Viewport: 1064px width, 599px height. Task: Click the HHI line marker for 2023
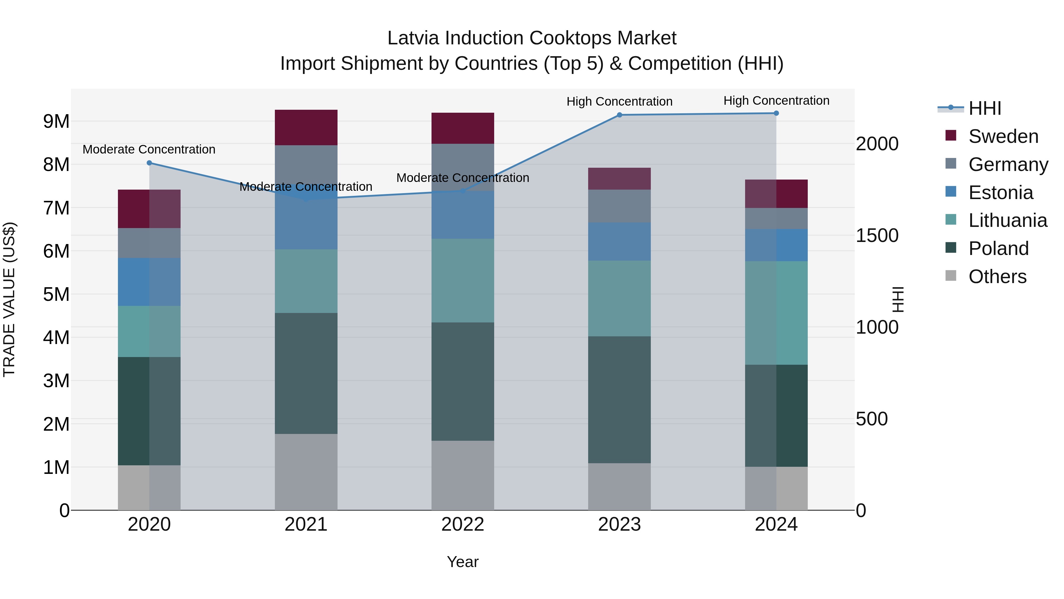(x=619, y=115)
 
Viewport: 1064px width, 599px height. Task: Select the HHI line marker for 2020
(x=150, y=163)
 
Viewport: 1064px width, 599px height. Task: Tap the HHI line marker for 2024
(x=776, y=113)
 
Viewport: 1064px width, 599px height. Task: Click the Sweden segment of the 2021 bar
(x=306, y=127)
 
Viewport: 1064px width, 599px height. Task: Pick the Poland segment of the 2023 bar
(x=619, y=399)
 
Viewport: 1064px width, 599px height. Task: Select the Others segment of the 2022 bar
(x=463, y=475)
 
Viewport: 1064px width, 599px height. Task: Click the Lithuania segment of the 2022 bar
(x=463, y=280)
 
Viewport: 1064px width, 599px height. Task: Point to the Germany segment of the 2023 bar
(x=619, y=206)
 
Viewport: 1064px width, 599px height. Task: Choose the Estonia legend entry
(x=1000, y=193)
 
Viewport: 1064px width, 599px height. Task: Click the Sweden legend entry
(x=1003, y=136)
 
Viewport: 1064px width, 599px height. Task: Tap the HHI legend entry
(x=984, y=108)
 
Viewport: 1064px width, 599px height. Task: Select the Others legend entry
(x=997, y=277)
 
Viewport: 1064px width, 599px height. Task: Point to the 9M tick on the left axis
(x=56, y=122)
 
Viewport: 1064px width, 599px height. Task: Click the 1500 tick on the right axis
(x=877, y=236)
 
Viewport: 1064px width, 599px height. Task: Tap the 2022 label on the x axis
(x=463, y=524)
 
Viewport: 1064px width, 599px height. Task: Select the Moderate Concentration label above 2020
(x=149, y=149)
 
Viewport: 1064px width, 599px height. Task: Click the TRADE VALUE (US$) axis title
(x=9, y=299)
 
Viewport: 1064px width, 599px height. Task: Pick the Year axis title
(x=463, y=562)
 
